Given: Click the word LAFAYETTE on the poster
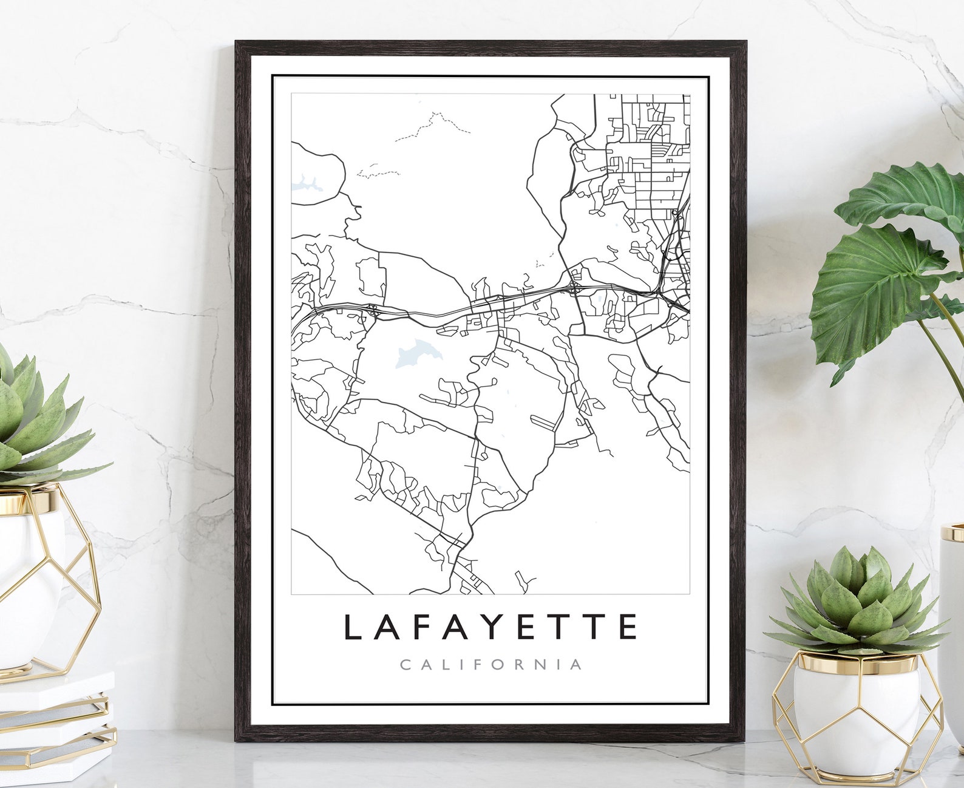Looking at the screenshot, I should coord(490,627).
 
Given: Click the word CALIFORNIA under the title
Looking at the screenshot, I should coord(490,664).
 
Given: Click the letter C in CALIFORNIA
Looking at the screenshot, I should coord(406,664).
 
